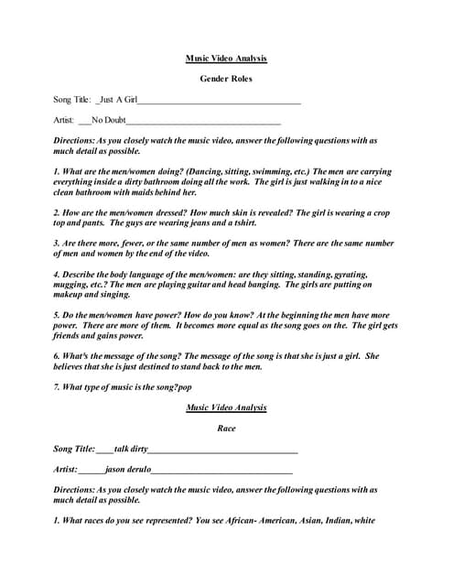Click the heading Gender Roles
click(226, 79)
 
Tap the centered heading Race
click(226, 428)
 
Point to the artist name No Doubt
click(108, 120)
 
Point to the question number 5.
click(57, 315)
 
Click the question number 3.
click(57, 244)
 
